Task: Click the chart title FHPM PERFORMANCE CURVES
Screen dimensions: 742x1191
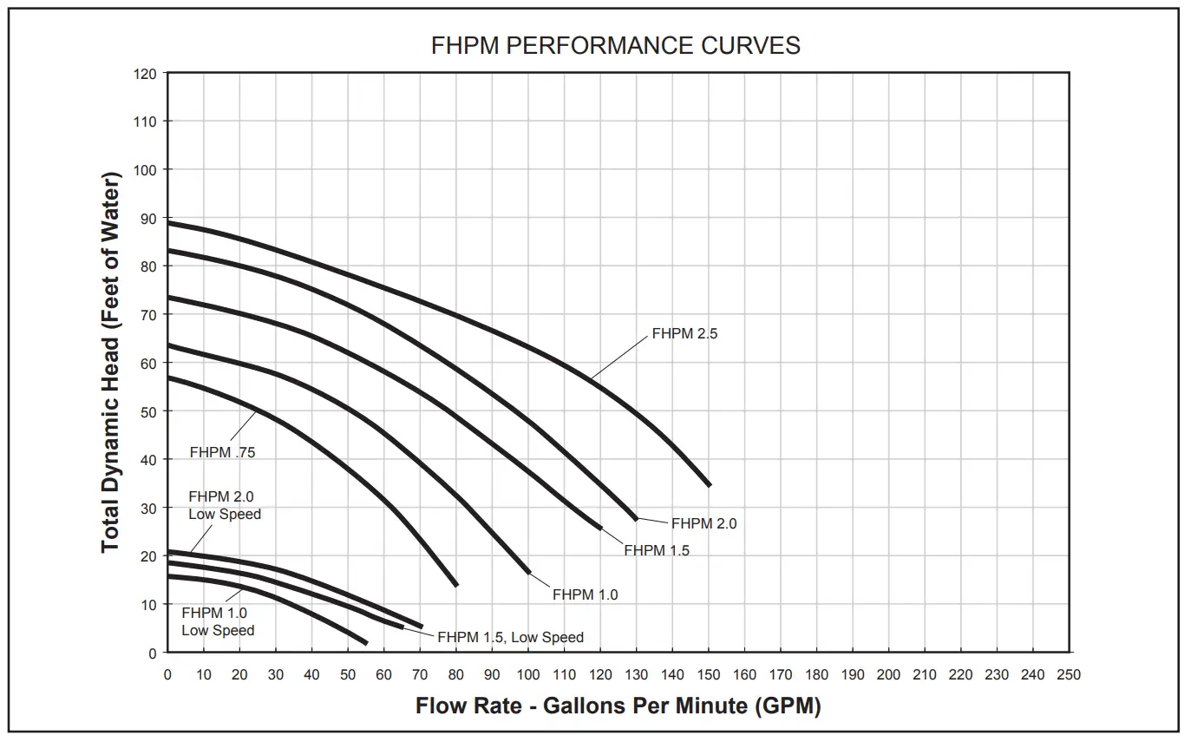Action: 615,46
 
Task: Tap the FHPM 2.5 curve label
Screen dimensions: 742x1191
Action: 684,333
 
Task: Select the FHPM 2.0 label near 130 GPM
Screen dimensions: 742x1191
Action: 703,523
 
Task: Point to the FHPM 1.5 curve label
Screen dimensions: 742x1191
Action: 657,550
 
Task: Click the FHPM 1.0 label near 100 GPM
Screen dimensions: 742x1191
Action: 585,594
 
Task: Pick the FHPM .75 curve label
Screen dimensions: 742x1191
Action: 222,452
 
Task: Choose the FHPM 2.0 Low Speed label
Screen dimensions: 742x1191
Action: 224,505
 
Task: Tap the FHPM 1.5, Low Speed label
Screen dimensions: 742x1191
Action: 510,637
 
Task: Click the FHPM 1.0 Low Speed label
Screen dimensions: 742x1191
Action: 217,621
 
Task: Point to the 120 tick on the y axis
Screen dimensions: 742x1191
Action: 146,74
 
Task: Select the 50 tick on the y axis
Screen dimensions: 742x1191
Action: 148,411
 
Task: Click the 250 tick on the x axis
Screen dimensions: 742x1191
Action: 1069,674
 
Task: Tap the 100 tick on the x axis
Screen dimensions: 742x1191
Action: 528,674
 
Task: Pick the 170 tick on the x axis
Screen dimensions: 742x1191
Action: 780,674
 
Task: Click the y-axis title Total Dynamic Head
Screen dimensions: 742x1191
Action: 111,362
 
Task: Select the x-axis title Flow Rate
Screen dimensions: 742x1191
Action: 618,706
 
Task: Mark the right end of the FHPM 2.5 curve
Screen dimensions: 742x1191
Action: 709,485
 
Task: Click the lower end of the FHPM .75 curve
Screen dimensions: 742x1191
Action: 455,584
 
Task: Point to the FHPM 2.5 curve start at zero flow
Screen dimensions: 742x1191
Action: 169,223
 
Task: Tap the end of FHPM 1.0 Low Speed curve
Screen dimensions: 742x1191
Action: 366,642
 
